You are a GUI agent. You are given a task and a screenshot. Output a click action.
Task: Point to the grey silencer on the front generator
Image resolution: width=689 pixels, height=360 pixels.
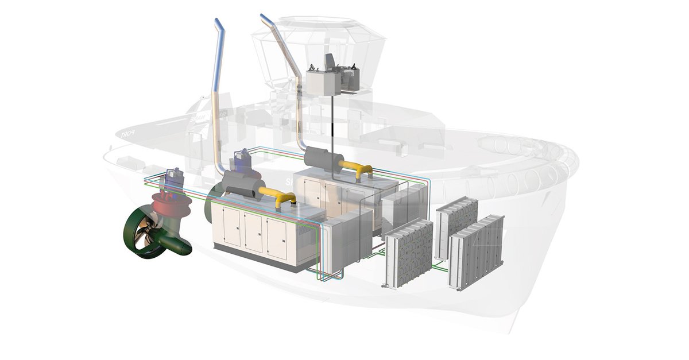point(238,187)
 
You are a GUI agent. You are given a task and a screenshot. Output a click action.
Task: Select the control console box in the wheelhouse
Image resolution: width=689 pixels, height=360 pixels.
point(322,83)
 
